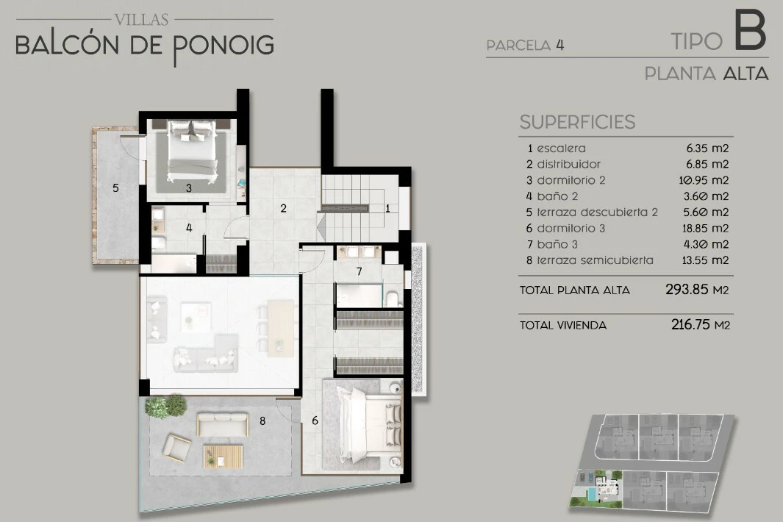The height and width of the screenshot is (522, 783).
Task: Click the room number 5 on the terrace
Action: [116, 187]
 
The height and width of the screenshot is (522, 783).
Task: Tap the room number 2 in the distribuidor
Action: [283, 208]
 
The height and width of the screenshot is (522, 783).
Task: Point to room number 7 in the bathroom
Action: [359, 272]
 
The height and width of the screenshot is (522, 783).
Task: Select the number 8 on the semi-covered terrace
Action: [262, 421]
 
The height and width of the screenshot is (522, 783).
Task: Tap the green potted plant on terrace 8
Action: [165, 405]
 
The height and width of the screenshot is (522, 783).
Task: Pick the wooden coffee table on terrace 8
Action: [223, 456]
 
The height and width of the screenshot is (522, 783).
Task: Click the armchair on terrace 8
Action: [176, 447]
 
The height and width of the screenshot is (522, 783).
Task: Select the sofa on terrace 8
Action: [223, 424]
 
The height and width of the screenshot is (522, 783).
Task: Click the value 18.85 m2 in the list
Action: [705, 228]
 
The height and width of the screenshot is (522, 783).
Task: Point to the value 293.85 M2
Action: [696, 290]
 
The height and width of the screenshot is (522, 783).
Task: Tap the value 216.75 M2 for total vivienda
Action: [700, 325]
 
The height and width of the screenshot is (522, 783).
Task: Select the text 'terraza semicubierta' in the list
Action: [596, 260]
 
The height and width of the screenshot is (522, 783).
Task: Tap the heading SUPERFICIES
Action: [577, 122]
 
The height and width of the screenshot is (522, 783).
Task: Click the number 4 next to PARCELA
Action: [559, 45]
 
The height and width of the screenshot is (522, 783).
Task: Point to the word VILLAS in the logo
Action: [141, 19]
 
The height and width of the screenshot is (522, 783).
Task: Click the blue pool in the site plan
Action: [592, 495]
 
